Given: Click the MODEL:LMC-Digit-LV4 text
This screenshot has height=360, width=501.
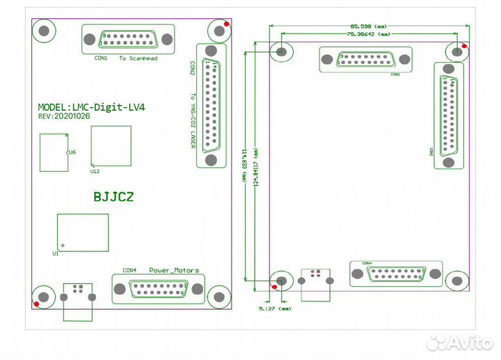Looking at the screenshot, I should coord(91,108).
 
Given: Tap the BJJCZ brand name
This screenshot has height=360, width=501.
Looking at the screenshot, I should coord(113,197).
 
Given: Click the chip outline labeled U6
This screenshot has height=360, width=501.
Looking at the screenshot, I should coord(54,152).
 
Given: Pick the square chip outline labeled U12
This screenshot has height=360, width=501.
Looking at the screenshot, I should coord(111,146).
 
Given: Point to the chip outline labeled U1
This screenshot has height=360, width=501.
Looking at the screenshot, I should coord(83,232).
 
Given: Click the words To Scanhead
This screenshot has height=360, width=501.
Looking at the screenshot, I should coord(138,58).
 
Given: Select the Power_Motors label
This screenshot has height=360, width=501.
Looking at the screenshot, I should coord(173,270).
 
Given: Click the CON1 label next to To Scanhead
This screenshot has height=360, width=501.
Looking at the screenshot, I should coord(101,58).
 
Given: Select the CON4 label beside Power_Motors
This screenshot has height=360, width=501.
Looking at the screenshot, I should coord(129,270).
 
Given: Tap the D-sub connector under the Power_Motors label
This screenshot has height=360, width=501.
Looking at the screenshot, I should coord(159,289).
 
